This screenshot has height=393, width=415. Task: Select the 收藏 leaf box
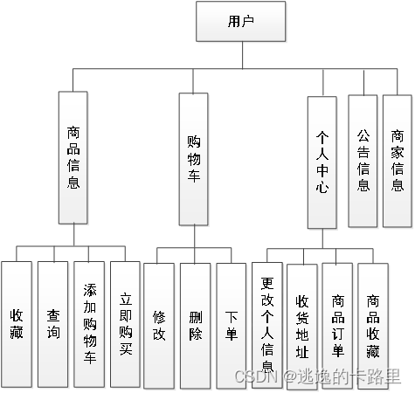(17, 323)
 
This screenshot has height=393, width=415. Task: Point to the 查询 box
(52, 323)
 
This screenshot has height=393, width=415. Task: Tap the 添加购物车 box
(89, 323)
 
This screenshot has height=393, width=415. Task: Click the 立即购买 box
(125, 323)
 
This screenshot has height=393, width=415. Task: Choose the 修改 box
(159, 323)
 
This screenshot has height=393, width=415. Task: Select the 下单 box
(232, 323)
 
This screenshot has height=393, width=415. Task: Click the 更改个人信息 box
(267, 323)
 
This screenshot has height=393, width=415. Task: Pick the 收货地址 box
(302, 323)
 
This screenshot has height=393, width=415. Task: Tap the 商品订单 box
(337, 323)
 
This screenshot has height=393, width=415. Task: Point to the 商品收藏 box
(373, 323)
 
